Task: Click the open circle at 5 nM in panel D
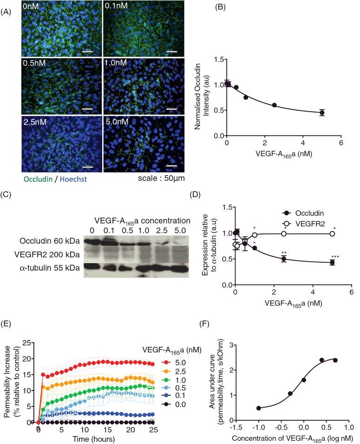tap(332, 233)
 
